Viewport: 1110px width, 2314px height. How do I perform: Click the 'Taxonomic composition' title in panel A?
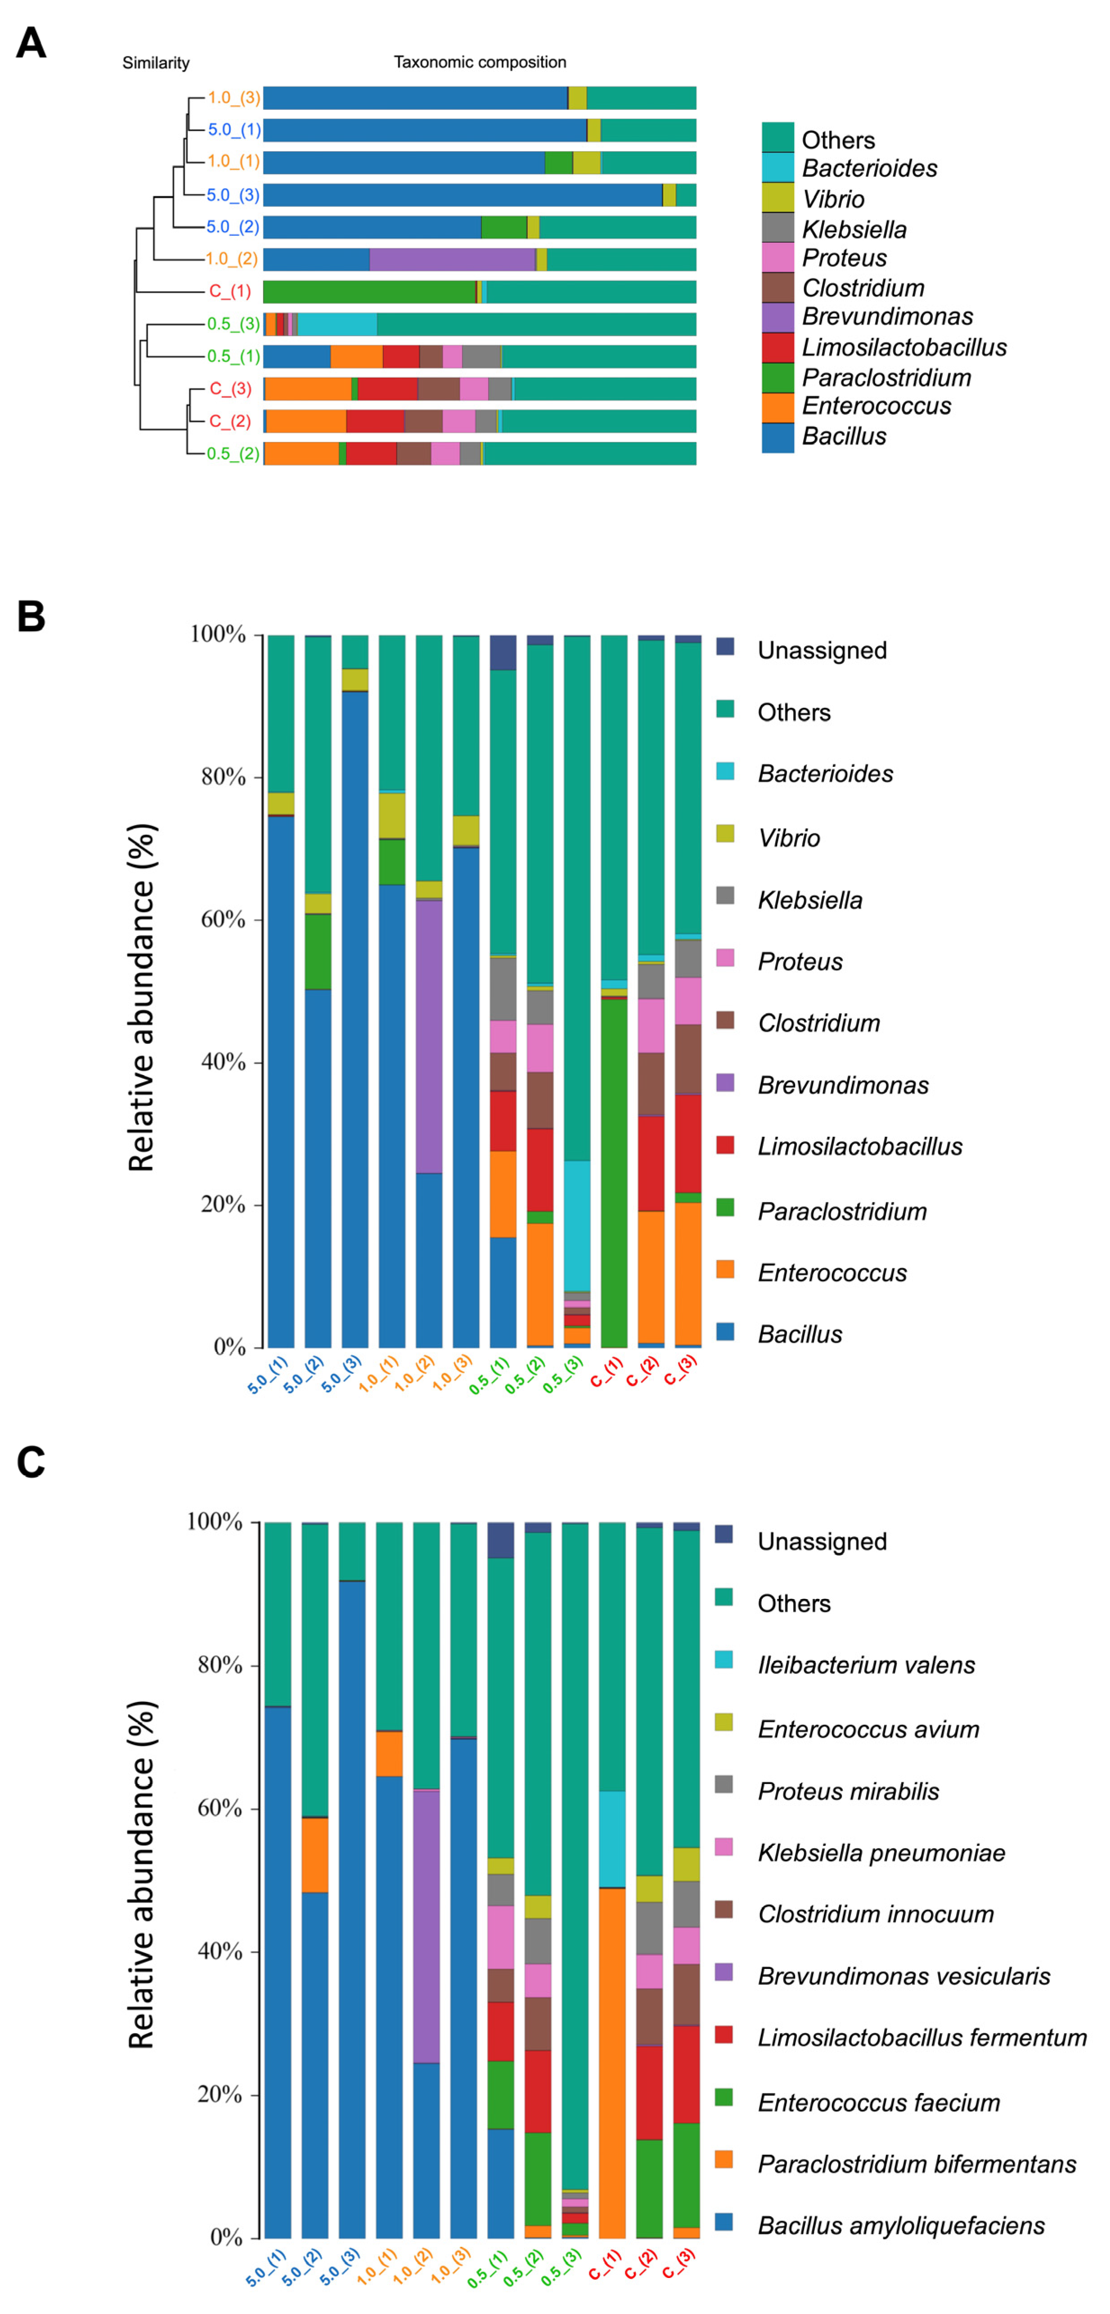(480, 62)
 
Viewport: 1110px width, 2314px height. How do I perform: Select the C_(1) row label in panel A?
(230, 291)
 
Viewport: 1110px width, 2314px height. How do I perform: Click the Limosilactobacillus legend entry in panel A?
(903, 347)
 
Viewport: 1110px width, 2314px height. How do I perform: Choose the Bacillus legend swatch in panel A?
(777, 437)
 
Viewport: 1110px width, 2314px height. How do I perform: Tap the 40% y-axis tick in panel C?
(220, 1951)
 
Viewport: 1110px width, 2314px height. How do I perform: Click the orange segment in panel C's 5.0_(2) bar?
(315, 1855)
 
